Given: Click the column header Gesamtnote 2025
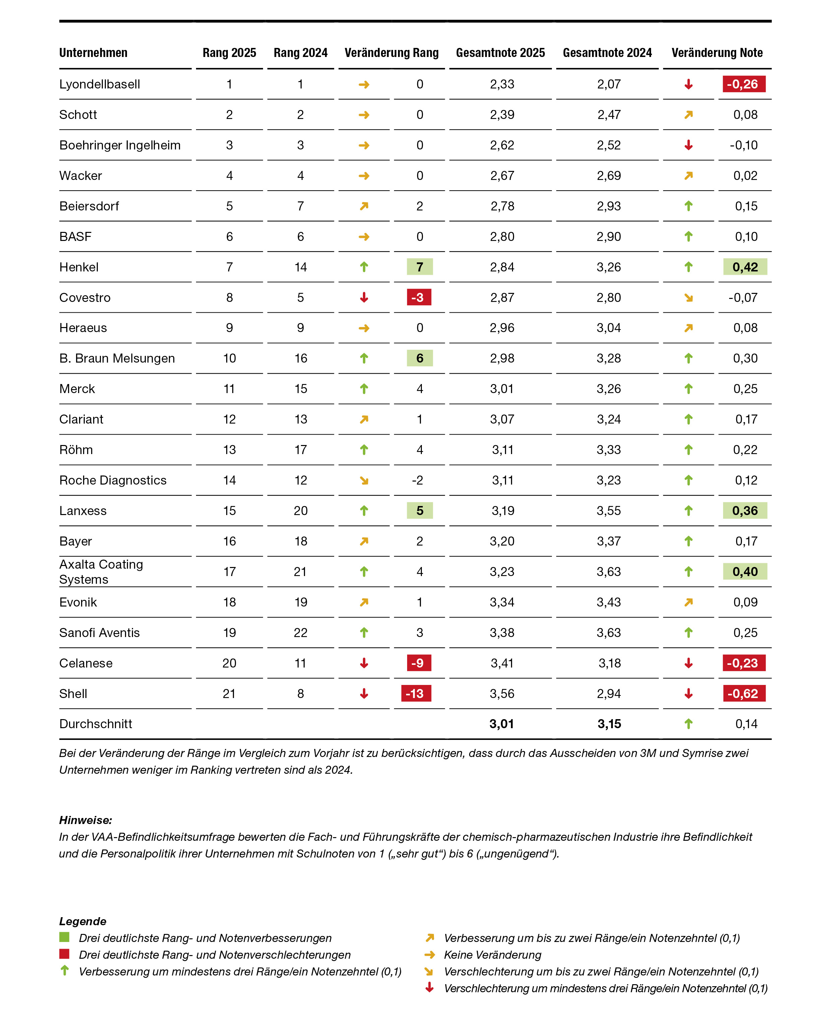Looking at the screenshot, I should point(500,53).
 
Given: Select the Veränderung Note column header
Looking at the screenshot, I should point(717,53).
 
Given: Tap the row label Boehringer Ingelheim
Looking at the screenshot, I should point(120,145).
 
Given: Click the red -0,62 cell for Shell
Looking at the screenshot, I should point(744,693).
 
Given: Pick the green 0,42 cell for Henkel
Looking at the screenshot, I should point(745,267).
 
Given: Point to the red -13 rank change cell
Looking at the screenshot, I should point(415,693).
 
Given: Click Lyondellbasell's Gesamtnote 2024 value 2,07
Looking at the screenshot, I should point(609,84).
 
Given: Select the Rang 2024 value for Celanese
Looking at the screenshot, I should point(300,663).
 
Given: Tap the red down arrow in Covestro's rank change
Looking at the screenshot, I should point(364,297).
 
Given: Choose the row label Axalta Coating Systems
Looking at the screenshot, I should point(101,572).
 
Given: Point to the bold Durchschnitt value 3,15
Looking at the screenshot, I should point(609,724).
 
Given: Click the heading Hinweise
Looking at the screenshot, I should point(85,820).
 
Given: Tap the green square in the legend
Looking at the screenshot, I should point(64,937).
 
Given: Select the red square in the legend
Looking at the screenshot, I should point(64,954).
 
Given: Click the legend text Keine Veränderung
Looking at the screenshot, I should point(492,955).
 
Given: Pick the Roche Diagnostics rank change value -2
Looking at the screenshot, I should point(418,480).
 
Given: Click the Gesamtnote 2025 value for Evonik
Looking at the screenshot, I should point(502,602).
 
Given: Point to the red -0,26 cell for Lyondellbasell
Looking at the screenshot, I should point(744,84).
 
